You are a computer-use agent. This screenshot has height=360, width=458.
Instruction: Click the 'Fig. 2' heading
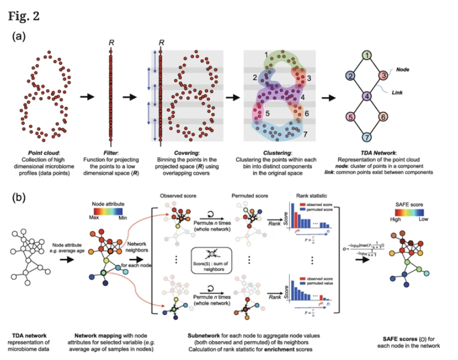click(x=24, y=15)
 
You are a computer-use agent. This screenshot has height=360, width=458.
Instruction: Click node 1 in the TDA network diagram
click(x=367, y=55)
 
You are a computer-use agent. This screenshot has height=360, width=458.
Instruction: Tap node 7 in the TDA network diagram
click(x=367, y=137)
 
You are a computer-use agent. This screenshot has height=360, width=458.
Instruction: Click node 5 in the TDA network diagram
click(x=350, y=117)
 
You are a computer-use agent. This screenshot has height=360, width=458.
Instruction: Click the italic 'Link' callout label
click(x=398, y=89)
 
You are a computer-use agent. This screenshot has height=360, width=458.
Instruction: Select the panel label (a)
click(x=20, y=37)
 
